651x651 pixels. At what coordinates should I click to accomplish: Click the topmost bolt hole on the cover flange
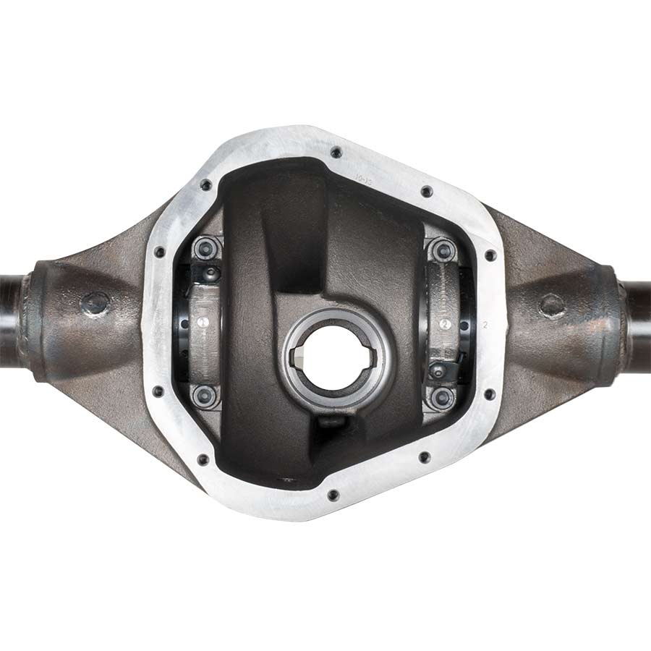[x=335, y=153]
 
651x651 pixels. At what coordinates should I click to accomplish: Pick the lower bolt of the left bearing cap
[x=205, y=395]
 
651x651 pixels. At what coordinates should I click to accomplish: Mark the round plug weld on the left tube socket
[x=95, y=303]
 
